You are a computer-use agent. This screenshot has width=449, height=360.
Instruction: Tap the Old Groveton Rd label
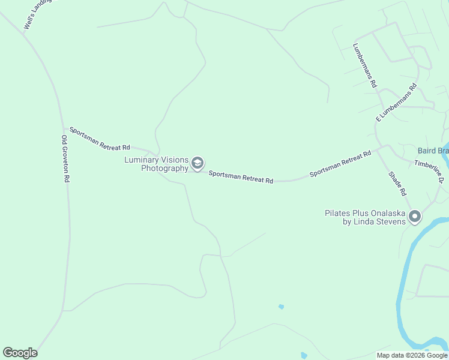(x=65, y=159)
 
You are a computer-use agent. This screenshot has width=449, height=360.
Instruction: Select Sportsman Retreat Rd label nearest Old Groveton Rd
(x=100, y=139)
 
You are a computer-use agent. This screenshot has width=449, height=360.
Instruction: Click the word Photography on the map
(x=164, y=168)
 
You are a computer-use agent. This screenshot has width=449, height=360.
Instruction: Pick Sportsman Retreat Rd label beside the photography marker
(x=241, y=176)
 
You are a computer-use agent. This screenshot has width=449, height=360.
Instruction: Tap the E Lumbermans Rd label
(x=396, y=103)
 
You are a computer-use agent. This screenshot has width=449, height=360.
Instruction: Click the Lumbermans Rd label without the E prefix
(x=364, y=66)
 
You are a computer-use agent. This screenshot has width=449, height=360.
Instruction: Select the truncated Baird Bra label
(x=433, y=150)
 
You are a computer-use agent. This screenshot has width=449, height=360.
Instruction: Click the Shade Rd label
(x=398, y=184)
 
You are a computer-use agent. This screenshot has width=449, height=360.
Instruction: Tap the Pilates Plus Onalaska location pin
(x=415, y=217)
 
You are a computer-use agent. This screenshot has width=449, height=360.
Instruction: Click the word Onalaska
(x=384, y=213)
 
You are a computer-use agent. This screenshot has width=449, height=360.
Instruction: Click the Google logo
(x=20, y=353)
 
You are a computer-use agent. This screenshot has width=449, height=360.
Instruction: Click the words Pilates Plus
(x=343, y=213)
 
